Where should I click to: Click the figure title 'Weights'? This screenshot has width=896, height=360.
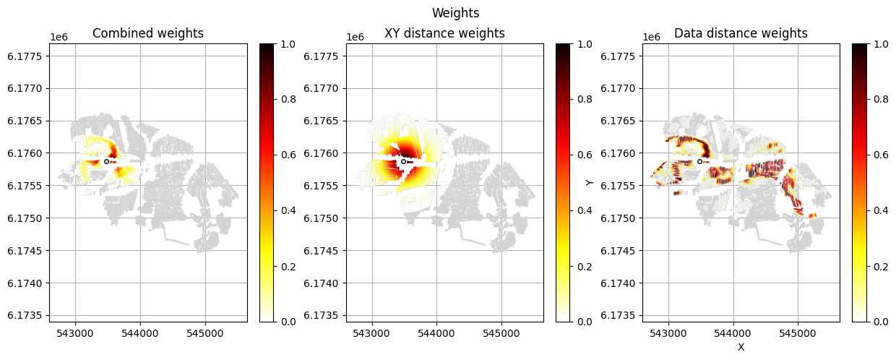point(455,13)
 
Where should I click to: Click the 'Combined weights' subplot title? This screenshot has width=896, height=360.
point(148,33)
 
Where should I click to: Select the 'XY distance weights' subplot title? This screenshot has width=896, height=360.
point(444,33)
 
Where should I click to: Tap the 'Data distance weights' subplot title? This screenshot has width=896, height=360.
point(741,33)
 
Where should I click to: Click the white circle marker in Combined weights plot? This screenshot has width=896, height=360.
point(106,161)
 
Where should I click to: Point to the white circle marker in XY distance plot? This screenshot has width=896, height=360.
point(403,161)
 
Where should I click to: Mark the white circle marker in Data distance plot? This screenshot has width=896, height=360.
point(699,161)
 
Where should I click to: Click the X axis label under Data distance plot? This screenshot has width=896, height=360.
point(741,348)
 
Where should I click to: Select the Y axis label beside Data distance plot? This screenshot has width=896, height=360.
point(590,183)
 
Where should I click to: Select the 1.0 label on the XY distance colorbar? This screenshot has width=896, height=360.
point(585,43)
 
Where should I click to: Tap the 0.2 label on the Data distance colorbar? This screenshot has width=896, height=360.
point(881,266)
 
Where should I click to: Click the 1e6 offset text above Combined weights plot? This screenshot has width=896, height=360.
point(61,37)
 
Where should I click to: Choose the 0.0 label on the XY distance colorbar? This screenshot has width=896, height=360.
point(585,321)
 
